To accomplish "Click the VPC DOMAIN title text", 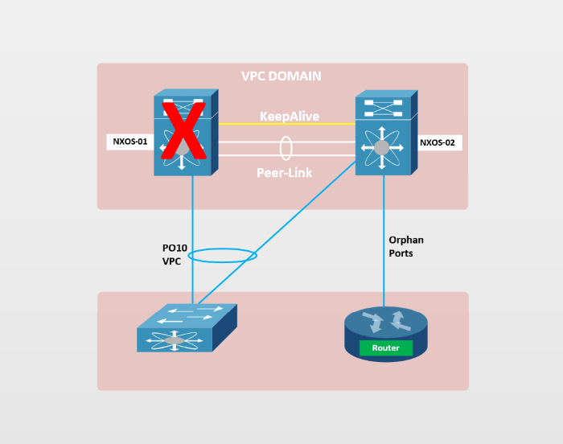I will click(281, 76).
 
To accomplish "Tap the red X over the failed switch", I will click(183, 131).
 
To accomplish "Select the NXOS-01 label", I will click(130, 142).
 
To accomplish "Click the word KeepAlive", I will click(289, 117).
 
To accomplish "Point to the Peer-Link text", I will click(284, 172).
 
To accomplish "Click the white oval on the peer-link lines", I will click(286, 148).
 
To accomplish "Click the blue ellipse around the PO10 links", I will click(223, 256).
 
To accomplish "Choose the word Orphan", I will click(406, 240).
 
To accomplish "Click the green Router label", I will click(385, 348).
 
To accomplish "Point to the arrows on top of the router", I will click(385, 322).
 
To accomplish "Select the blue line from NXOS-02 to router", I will click(384, 241).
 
